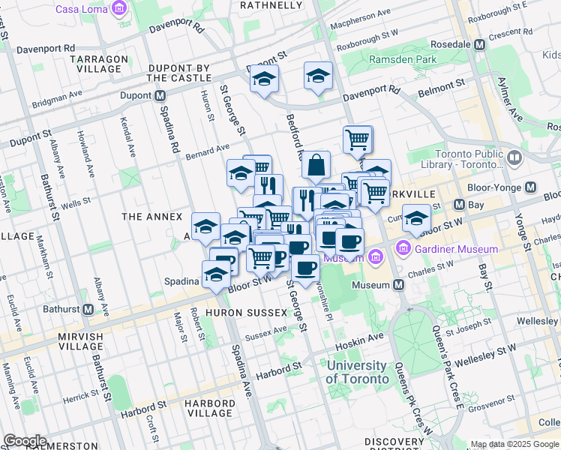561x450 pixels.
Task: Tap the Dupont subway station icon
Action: (160, 96)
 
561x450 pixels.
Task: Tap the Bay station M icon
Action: (459, 204)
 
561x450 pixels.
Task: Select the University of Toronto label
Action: (357, 372)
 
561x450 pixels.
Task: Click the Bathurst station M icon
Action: (88, 309)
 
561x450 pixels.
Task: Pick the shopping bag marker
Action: (316, 164)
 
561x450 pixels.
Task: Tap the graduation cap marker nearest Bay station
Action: (416, 218)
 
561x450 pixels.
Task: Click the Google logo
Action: (25, 440)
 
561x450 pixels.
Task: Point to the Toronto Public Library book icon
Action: (514, 158)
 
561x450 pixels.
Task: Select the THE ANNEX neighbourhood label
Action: (151, 217)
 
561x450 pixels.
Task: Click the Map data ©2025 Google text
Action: (514, 444)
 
